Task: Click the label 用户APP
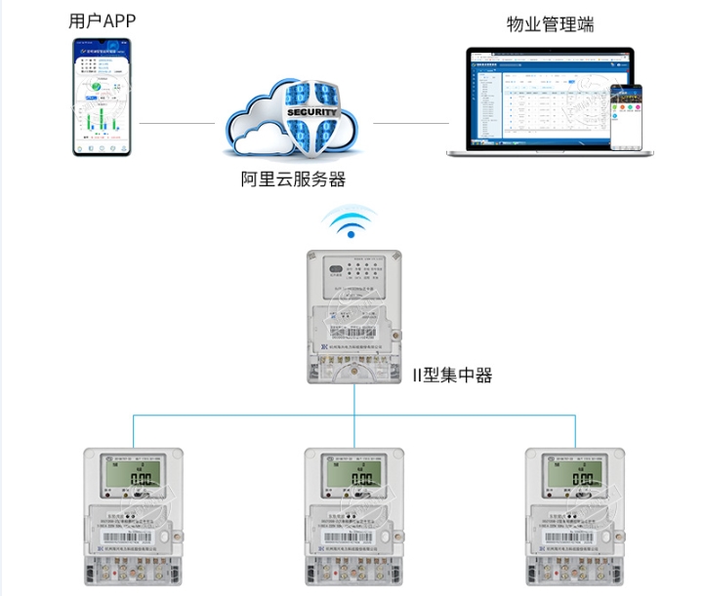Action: tap(102, 20)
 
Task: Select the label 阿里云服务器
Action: tap(294, 179)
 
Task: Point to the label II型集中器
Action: tap(451, 374)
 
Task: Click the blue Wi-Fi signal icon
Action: tap(352, 224)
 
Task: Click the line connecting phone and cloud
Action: tap(177, 124)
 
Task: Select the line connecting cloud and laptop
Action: tap(410, 124)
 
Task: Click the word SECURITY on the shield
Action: tap(312, 112)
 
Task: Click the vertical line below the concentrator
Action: tap(352, 400)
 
